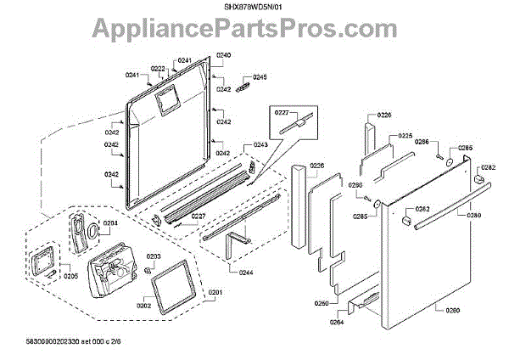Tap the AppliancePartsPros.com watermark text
254,32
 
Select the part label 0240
222,55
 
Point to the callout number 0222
159,68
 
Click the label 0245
260,77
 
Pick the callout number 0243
260,144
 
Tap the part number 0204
111,225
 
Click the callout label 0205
71,276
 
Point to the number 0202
143,306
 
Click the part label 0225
406,136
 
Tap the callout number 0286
422,142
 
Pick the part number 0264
338,322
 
